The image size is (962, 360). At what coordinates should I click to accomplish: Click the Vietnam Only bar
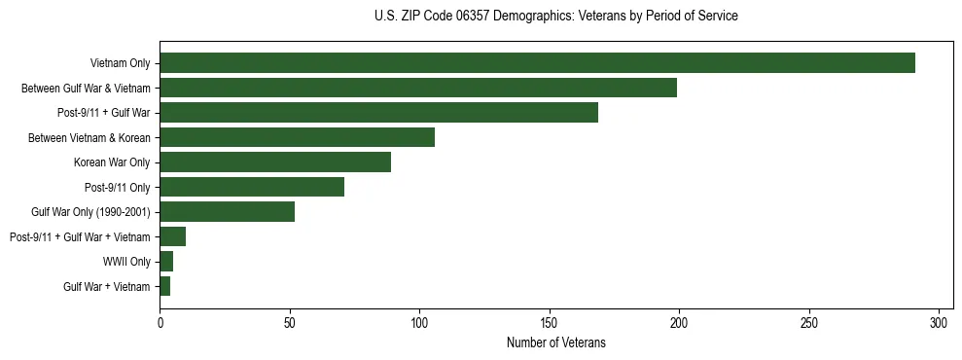click(x=537, y=63)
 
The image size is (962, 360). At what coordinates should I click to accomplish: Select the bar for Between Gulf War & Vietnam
click(x=418, y=88)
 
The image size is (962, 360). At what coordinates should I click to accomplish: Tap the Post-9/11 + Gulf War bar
click(x=378, y=113)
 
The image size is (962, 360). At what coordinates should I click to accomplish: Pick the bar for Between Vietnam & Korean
click(x=297, y=137)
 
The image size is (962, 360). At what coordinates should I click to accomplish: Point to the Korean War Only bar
click(x=275, y=162)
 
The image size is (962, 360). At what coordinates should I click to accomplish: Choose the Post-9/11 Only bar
click(x=252, y=187)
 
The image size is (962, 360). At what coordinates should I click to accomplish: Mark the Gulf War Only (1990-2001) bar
click(x=228, y=212)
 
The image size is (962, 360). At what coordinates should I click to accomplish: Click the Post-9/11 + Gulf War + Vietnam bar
click(x=173, y=236)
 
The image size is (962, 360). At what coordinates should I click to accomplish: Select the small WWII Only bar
click(x=166, y=262)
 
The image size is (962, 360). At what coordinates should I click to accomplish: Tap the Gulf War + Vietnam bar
click(x=165, y=286)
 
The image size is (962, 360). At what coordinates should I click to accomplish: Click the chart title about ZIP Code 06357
click(x=555, y=17)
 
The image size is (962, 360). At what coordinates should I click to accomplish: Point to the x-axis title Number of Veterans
click(x=555, y=342)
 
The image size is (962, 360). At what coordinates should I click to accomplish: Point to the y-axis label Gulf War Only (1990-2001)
click(x=95, y=212)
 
